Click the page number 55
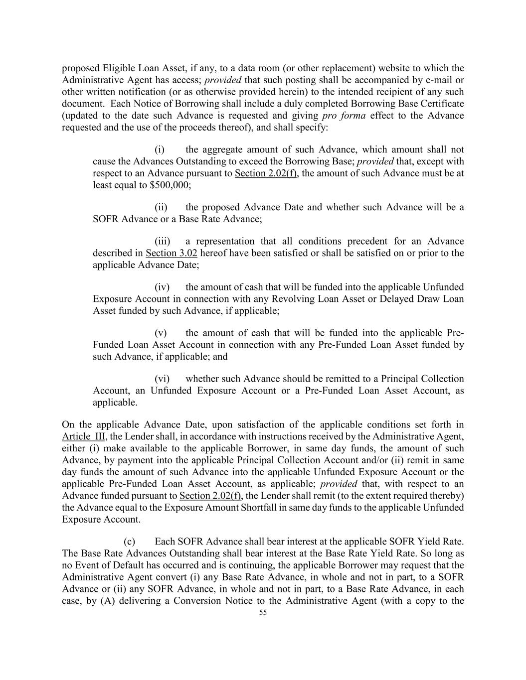[x=263, y=613]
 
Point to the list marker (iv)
[x=162, y=287]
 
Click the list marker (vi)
[x=162, y=379]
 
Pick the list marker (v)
[x=161, y=333]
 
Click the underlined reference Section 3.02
[x=172, y=253]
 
